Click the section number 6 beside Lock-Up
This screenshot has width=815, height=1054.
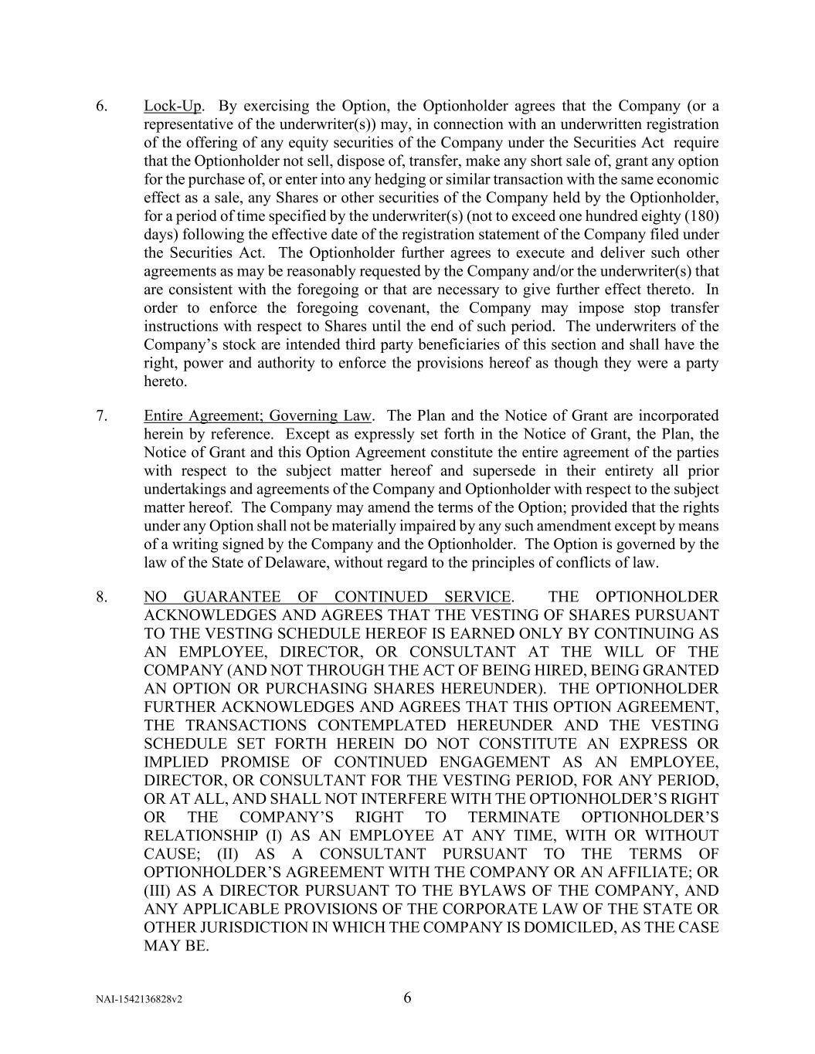[100, 106]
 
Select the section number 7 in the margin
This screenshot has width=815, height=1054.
[100, 415]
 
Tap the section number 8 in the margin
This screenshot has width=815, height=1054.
[100, 596]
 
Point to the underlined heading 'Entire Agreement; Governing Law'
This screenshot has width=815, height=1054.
[257, 415]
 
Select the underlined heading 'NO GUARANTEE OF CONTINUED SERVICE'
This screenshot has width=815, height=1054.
[327, 596]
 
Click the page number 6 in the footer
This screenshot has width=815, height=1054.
[407, 998]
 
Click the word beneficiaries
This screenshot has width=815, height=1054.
[448, 344]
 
